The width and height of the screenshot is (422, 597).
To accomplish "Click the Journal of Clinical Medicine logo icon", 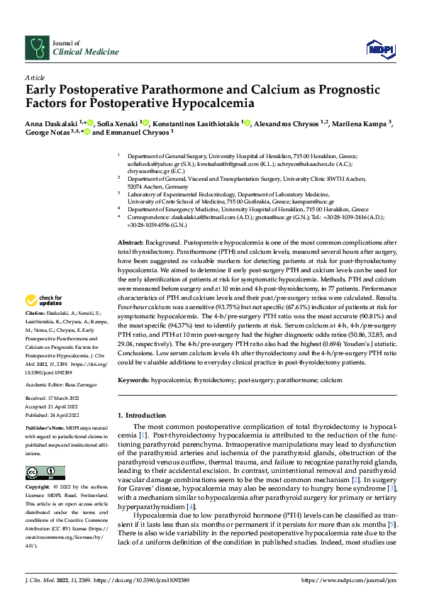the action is click(35, 48).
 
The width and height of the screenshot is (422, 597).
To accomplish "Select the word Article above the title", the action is click(34, 77).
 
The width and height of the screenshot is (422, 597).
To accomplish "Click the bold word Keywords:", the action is click(134, 381).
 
